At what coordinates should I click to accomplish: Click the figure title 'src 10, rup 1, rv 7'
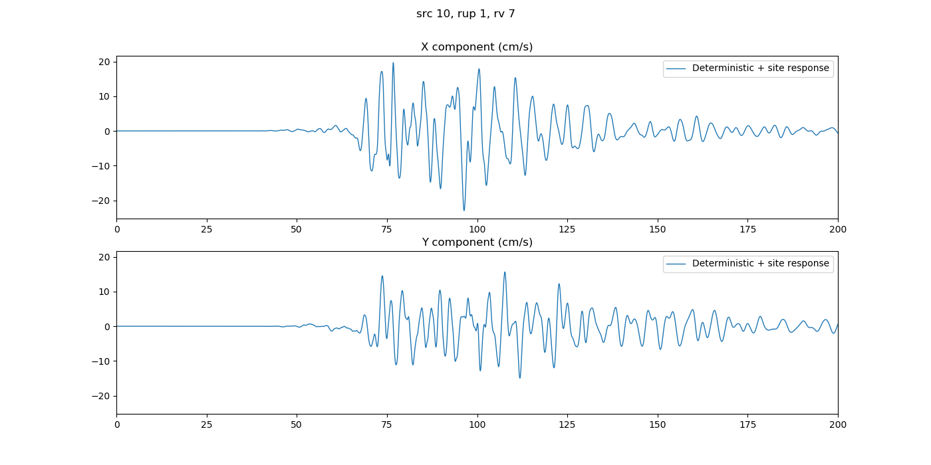465,14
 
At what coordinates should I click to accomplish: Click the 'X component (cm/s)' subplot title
477,47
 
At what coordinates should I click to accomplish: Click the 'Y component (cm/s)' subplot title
477,242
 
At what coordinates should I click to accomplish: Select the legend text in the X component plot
761,68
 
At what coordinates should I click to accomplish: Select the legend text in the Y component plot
761,264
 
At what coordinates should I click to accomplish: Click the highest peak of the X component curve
393,63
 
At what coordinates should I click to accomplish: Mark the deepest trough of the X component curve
464,211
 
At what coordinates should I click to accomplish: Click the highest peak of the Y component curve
505,272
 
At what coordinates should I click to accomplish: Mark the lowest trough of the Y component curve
520,378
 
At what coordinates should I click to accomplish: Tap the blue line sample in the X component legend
677,68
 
